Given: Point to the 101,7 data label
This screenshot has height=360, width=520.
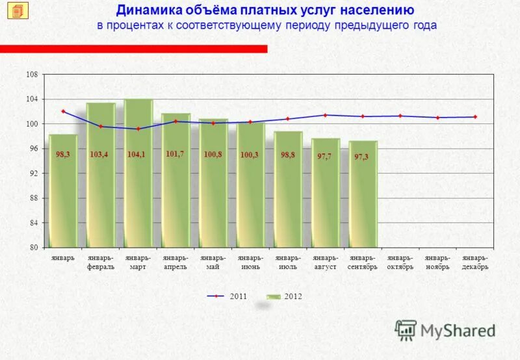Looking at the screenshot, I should point(175,153).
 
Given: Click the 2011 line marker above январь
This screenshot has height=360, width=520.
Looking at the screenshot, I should point(63,111).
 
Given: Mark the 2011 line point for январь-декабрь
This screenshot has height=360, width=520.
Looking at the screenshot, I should point(475,117).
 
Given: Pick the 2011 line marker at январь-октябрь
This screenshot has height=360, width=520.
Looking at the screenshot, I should point(400,116).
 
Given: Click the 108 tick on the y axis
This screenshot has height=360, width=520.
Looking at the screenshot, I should point(32,75).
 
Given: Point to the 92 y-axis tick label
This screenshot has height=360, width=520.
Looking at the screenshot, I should point(32,174).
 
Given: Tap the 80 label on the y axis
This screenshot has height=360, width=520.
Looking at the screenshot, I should point(32,248).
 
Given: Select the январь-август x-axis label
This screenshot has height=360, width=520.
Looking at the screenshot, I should point(325,263).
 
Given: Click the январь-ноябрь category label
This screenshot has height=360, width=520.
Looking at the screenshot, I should point(437,263).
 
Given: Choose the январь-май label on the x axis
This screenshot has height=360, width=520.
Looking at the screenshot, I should point(213,263).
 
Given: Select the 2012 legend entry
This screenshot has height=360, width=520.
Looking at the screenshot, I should point(285,296).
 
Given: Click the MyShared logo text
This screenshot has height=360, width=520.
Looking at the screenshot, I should point(457,330).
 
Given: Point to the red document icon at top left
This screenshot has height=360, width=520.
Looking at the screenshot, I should point(18,11).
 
